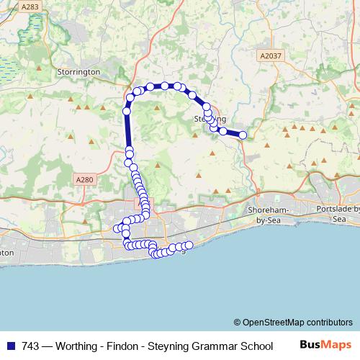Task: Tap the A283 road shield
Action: pyautogui.click(x=30, y=6)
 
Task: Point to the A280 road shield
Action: pyautogui.click(x=84, y=179)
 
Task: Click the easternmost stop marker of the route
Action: pyautogui.click(x=243, y=135)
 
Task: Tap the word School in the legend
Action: pyautogui.click(x=257, y=345)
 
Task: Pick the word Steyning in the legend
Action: pyautogui.click(x=171, y=345)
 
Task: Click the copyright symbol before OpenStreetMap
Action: pyautogui.click(x=238, y=322)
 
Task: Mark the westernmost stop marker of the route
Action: pyautogui.click(x=117, y=228)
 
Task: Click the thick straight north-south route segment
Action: pyautogui.click(x=128, y=130)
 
